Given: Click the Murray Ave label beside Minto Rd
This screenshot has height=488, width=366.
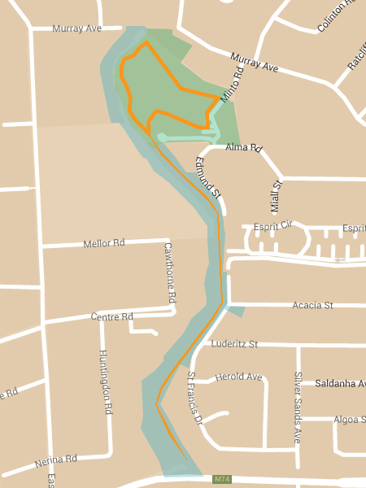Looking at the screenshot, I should (254, 63).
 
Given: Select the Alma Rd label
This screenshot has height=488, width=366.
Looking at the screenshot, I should (244, 149).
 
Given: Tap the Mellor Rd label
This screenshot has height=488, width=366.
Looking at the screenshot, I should (104, 243).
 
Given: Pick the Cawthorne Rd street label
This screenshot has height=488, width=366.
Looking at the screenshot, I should (169, 272).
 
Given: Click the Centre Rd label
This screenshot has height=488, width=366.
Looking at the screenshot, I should (111, 316).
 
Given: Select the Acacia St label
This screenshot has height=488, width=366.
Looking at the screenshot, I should (313, 306).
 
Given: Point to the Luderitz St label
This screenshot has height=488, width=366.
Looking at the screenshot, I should (233, 344).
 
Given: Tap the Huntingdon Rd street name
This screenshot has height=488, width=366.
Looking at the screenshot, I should (104, 382).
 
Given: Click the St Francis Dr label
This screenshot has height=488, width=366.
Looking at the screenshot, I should (194, 399).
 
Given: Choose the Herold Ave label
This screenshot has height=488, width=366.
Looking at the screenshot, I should (239, 377).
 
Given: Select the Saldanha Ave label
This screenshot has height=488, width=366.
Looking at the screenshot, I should (340, 383).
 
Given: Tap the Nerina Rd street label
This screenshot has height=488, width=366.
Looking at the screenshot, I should (55, 462).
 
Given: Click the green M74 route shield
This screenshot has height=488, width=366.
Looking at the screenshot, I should (221, 480).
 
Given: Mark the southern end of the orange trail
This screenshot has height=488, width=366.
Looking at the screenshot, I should (185, 457).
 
